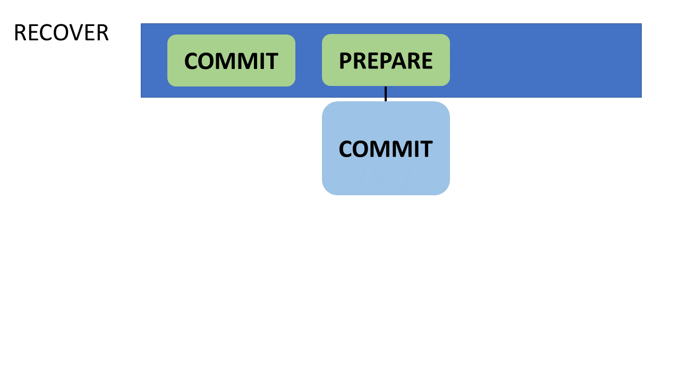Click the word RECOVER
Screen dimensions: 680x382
click(61, 33)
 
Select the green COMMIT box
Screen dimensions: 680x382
click(231, 60)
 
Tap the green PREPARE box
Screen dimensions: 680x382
click(386, 60)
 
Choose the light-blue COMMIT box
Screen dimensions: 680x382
click(386, 148)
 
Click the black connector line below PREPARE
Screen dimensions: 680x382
click(386, 94)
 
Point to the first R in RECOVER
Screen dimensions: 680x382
click(20, 33)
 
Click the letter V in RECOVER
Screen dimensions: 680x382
click(79, 33)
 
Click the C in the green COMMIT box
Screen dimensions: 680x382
click(191, 61)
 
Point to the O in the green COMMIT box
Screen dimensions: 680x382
click(209, 61)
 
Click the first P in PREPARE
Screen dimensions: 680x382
click(345, 60)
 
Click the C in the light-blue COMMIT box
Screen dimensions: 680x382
click(346, 149)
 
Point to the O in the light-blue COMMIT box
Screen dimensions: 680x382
click(363, 149)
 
